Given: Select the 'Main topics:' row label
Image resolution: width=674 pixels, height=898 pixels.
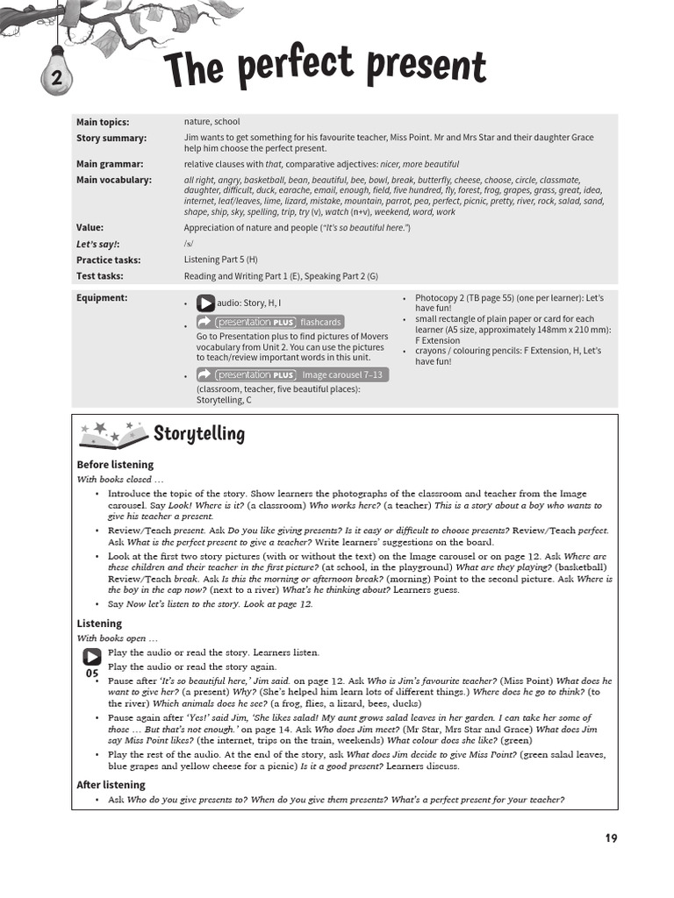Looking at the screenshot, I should click(x=103, y=123).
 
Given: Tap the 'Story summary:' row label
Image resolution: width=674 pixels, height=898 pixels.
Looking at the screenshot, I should click(x=111, y=139).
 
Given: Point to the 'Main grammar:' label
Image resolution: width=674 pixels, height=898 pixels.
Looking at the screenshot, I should click(x=110, y=164).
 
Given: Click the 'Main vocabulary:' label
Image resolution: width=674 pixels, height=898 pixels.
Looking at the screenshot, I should click(x=114, y=180).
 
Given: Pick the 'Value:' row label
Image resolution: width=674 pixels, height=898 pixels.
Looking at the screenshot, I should click(x=90, y=228).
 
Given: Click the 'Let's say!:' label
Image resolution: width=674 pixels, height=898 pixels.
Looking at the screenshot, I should click(x=97, y=244).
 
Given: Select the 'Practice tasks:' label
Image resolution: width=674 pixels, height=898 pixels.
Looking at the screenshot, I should click(x=108, y=260).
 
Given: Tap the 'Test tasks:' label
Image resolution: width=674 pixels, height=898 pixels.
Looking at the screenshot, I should click(x=99, y=276).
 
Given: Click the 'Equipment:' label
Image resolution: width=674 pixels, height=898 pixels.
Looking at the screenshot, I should click(x=102, y=298).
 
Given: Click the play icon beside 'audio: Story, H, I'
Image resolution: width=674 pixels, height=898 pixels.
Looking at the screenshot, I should click(x=205, y=303).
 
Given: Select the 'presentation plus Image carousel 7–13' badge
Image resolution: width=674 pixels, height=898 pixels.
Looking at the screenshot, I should click(x=292, y=374).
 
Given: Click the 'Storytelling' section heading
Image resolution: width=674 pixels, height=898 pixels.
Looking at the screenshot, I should click(x=199, y=434).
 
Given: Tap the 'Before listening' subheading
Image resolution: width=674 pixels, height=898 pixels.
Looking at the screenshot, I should click(x=115, y=465).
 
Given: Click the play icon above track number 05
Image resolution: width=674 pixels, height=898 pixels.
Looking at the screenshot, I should click(x=91, y=657).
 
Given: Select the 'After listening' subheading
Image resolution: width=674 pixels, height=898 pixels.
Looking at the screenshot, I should click(x=111, y=785).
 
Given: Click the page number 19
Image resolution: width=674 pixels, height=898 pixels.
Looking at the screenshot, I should click(x=611, y=838).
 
